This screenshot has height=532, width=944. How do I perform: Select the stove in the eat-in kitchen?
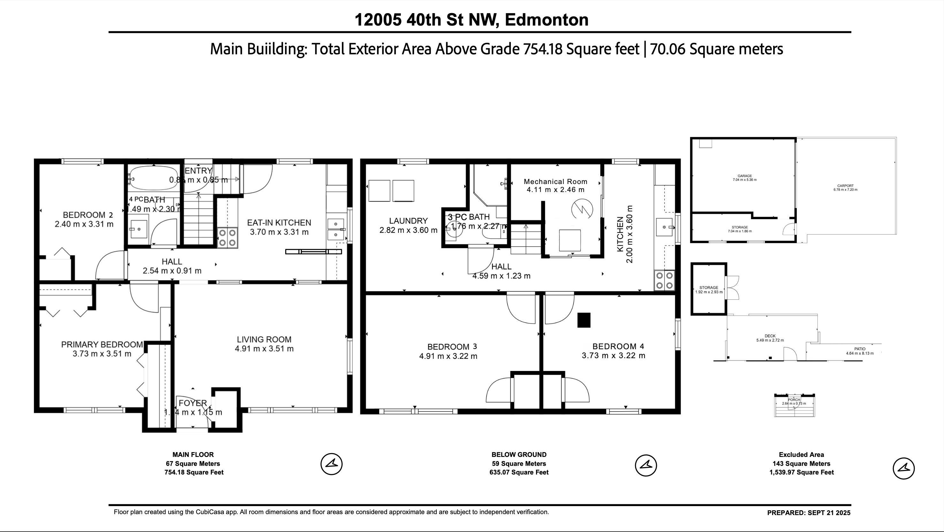(x=227, y=238)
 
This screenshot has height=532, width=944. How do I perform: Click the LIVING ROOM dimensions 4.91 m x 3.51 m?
(x=264, y=349)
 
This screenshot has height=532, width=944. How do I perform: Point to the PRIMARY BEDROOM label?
(x=102, y=345)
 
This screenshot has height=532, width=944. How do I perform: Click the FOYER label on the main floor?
(x=193, y=403)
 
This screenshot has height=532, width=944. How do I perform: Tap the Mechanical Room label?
(x=555, y=181)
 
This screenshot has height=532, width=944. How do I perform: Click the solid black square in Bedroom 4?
(x=584, y=320)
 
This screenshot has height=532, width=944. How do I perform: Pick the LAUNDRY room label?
(x=408, y=221)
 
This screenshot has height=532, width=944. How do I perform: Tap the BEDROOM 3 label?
(x=452, y=346)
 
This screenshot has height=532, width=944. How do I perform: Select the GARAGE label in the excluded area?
(x=744, y=176)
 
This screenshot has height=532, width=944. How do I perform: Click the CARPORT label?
(x=845, y=186)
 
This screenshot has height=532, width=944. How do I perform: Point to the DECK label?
(x=770, y=336)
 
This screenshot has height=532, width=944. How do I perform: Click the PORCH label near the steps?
(x=794, y=400)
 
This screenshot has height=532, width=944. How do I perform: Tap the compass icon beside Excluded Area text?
(x=903, y=468)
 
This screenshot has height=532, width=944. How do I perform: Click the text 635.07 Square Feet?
(x=518, y=472)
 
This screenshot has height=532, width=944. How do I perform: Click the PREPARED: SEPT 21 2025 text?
(x=809, y=513)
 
